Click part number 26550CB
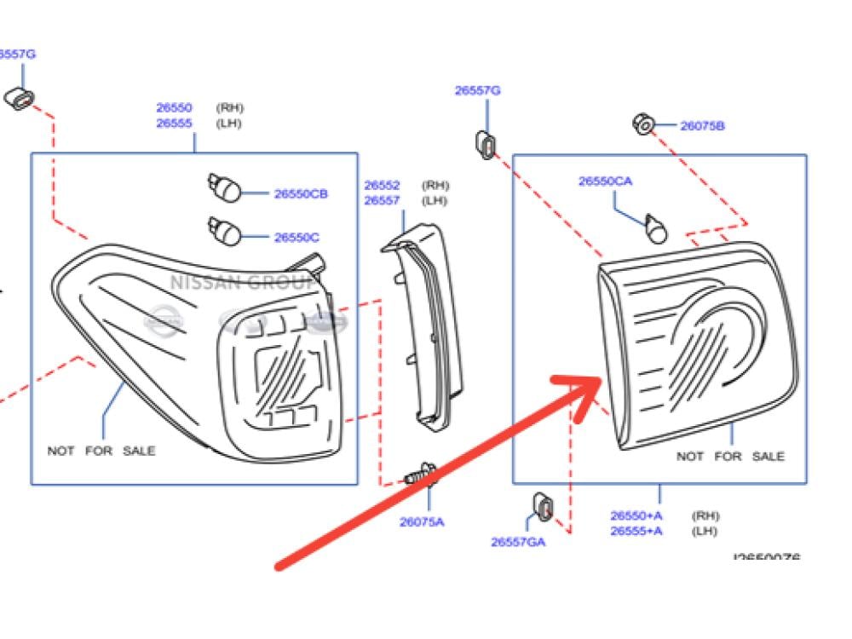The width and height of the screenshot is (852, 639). coord(301,194)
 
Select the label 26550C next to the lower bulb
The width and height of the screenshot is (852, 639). coord(296,238)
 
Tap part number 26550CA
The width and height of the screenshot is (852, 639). coord(605,181)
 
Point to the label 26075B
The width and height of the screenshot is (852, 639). coord(702,126)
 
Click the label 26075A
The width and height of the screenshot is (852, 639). coord(422,522)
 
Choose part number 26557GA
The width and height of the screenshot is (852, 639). coord(518,541)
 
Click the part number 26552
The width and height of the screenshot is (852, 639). coord(383,186)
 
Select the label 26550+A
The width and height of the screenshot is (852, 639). coord(636,515)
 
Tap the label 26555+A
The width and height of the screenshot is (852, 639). coord(636,531)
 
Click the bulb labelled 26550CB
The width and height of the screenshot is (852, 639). coord(224,186)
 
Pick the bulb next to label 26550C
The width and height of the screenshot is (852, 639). coord(224,230)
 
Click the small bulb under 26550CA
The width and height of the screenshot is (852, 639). coord(655,227)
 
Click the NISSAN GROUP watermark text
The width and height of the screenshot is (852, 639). coord(243,282)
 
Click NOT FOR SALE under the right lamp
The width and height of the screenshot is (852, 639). coord(730,457)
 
